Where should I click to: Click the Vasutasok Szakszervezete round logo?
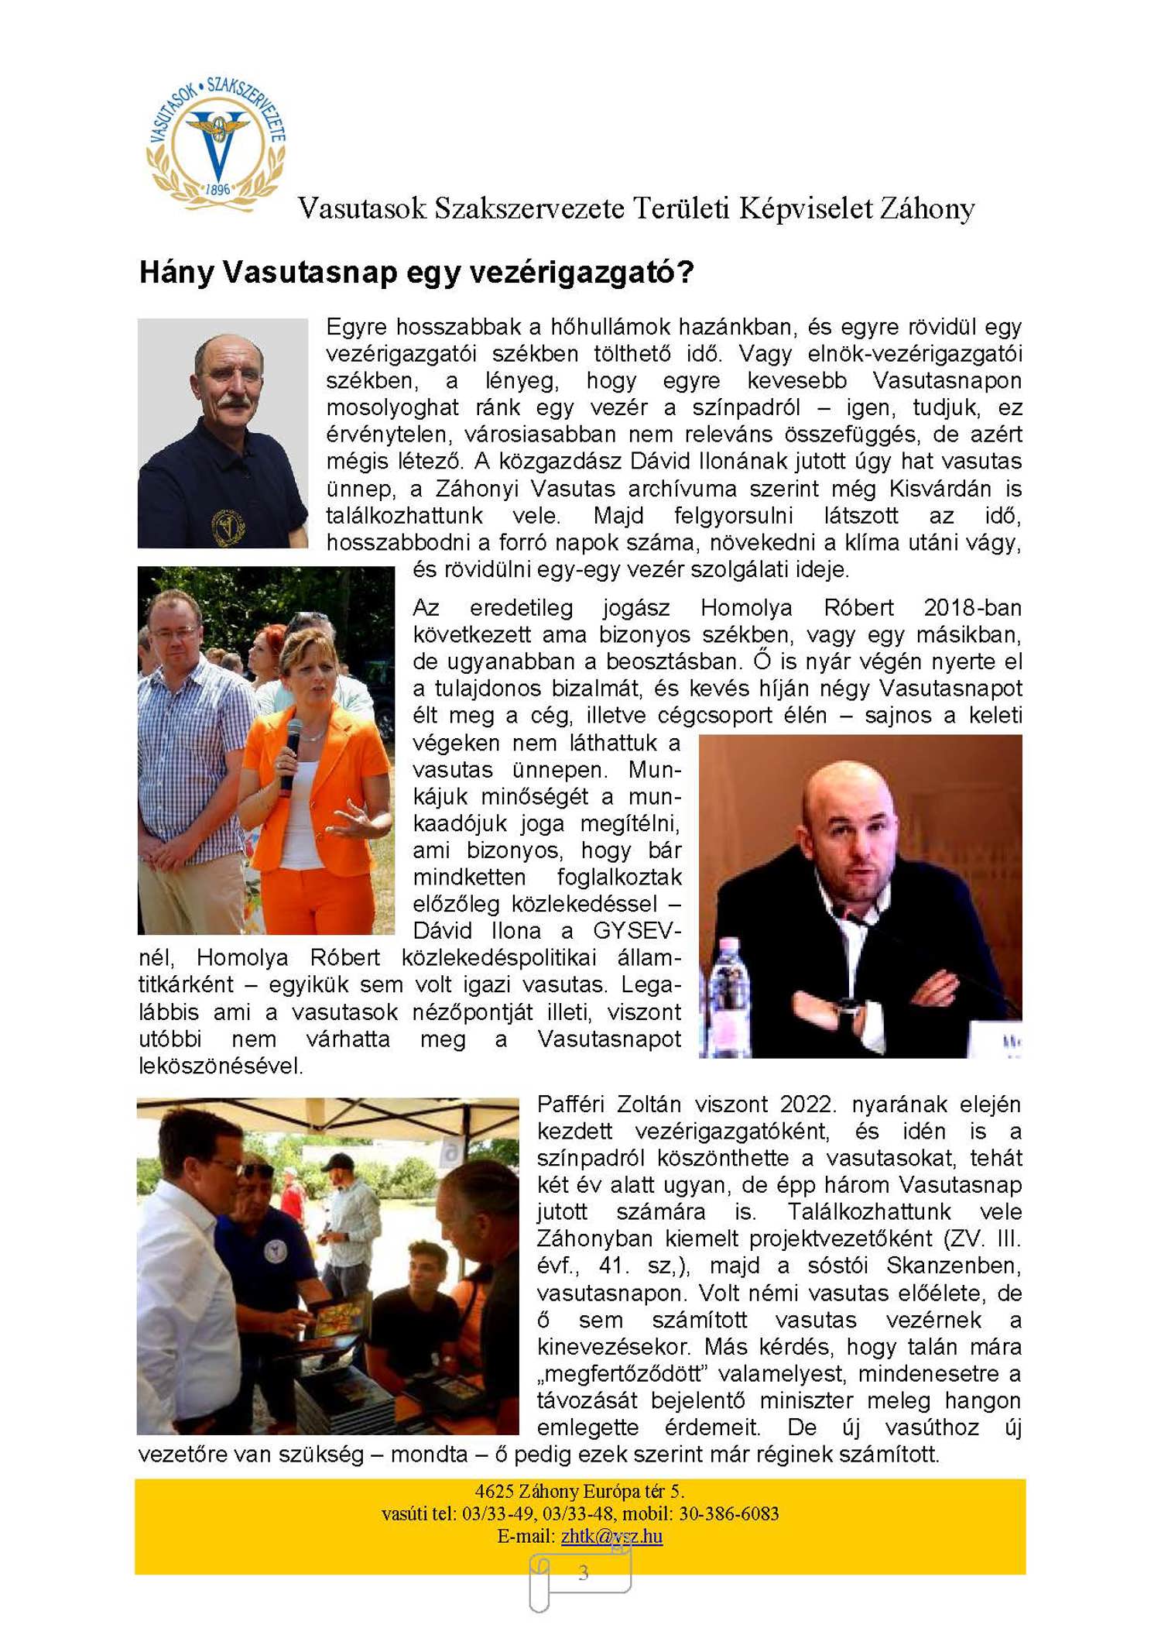pos(217,144)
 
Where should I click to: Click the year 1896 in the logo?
pos(218,189)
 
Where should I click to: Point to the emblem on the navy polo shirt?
pos(228,527)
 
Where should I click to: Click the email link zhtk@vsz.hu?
pos(611,1535)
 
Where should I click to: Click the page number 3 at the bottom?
pos(584,1572)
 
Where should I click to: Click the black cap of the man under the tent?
pos(338,1162)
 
